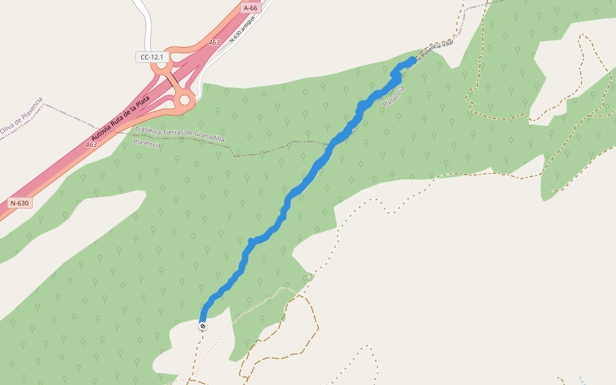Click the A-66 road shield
250,8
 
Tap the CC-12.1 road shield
152,57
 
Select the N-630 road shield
19,203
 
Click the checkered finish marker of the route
203,326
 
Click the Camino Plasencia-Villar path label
430,56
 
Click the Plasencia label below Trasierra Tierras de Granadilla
147,144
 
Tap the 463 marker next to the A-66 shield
214,42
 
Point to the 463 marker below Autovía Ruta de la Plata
91,145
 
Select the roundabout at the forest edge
186,99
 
